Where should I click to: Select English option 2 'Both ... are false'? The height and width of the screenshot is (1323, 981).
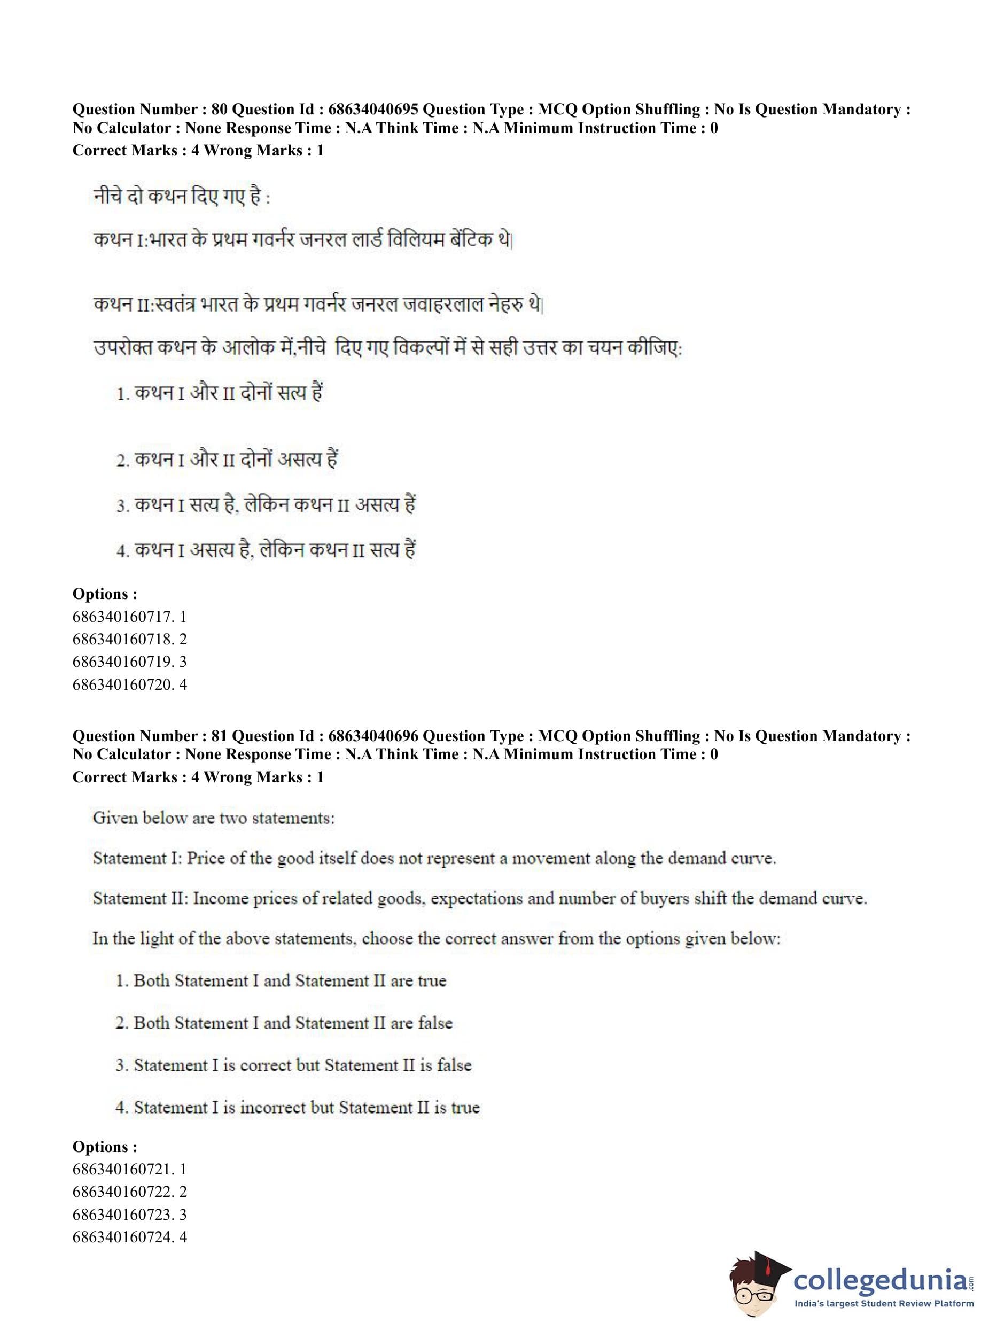pyautogui.click(x=284, y=1023)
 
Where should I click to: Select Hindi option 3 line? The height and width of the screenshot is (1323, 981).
pyautogui.click(x=266, y=505)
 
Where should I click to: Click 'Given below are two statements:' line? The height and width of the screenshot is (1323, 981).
pyautogui.click(x=214, y=818)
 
